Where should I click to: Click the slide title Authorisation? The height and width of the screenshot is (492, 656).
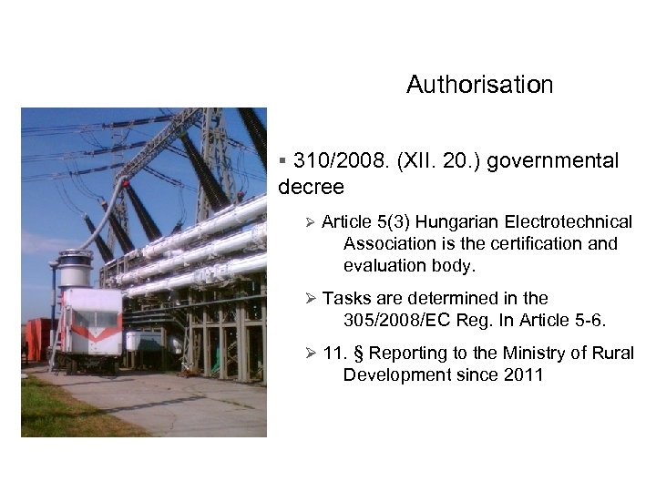[479, 85]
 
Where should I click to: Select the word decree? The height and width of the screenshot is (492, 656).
[311, 187]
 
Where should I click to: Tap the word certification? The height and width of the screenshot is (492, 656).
[539, 244]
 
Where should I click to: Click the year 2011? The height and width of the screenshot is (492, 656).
[522, 374]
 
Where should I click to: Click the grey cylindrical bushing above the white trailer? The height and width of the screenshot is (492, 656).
[75, 270]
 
